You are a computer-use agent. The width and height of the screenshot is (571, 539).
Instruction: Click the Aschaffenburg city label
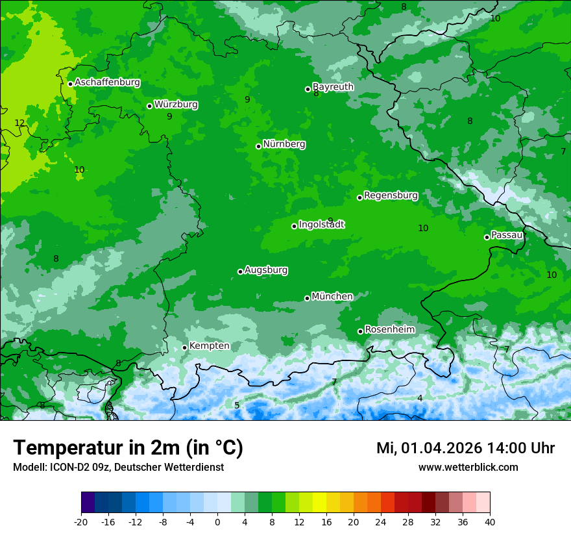(107, 82)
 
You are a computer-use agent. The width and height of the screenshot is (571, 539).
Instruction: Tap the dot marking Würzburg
(149, 106)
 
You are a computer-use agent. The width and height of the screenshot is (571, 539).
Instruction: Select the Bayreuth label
(333, 86)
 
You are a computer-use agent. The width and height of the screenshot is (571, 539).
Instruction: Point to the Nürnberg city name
(284, 144)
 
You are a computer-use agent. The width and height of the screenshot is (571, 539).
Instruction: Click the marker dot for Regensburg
(359, 197)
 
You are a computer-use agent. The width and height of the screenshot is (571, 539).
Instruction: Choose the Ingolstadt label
(321, 225)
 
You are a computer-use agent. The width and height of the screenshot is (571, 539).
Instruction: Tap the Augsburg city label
(266, 270)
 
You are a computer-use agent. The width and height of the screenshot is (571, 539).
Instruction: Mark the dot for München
(307, 298)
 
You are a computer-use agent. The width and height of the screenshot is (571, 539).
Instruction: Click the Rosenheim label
(389, 330)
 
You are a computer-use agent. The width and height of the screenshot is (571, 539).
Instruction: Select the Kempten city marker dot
(184, 347)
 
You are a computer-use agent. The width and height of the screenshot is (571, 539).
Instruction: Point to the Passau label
(507, 235)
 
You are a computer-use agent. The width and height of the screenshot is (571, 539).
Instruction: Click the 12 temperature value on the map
(19, 123)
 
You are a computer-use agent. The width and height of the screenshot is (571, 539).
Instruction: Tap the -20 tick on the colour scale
(81, 522)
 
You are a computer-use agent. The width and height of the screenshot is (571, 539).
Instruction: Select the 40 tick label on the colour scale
(489, 522)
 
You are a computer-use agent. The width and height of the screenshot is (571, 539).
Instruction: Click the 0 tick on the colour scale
(217, 522)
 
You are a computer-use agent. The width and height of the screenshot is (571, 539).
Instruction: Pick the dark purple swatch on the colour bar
(88, 503)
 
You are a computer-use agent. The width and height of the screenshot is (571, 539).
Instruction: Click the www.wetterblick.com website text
(468, 468)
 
